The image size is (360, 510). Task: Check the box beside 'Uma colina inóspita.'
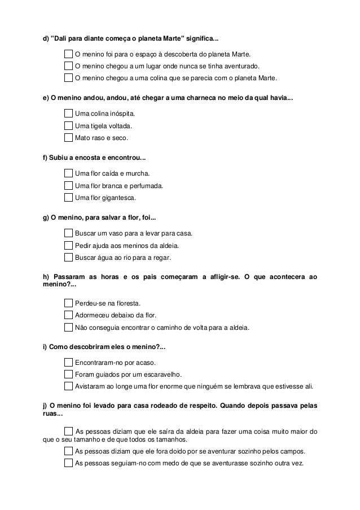pyautogui.click(x=69, y=114)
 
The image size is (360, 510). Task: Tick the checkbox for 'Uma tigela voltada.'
pyautogui.click(x=69, y=125)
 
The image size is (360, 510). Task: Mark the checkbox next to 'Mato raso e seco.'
pyautogui.click(x=69, y=137)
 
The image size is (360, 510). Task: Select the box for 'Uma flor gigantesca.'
pyautogui.click(x=69, y=198)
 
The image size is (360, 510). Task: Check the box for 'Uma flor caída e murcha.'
pyautogui.click(x=69, y=173)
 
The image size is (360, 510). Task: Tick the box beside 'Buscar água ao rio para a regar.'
pyautogui.click(x=69, y=258)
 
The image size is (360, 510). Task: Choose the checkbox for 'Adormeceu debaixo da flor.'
pyautogui.click(x=69, y=315)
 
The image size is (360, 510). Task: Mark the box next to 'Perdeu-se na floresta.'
pyautogui.click(x=69, y=303)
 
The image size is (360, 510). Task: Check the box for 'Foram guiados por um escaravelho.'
pyautogui.click(x=69, y=374)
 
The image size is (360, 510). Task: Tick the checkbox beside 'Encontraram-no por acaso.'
pyautogui.click(x=69, y=363)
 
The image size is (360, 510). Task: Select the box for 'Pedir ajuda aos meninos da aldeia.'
pyautogui.click(x=69, y=246)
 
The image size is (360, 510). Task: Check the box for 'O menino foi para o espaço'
pyautogui.click(x=69, y=54)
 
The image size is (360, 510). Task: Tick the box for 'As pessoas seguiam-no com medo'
pyautogui.click(x=69, y=463)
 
